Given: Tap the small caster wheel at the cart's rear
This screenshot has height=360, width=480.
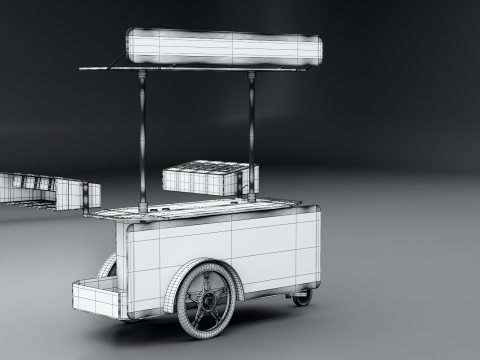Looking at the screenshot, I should pyautogui.click(x=302, y=297).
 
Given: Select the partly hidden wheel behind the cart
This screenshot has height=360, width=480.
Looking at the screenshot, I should pyautogui.click(x=108, y=267).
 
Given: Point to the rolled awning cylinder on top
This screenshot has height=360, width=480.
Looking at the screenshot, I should pyautogui.click(x=222, y=46).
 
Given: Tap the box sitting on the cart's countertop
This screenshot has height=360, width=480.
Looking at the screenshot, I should pyautogui.click(x=208, y=178).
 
